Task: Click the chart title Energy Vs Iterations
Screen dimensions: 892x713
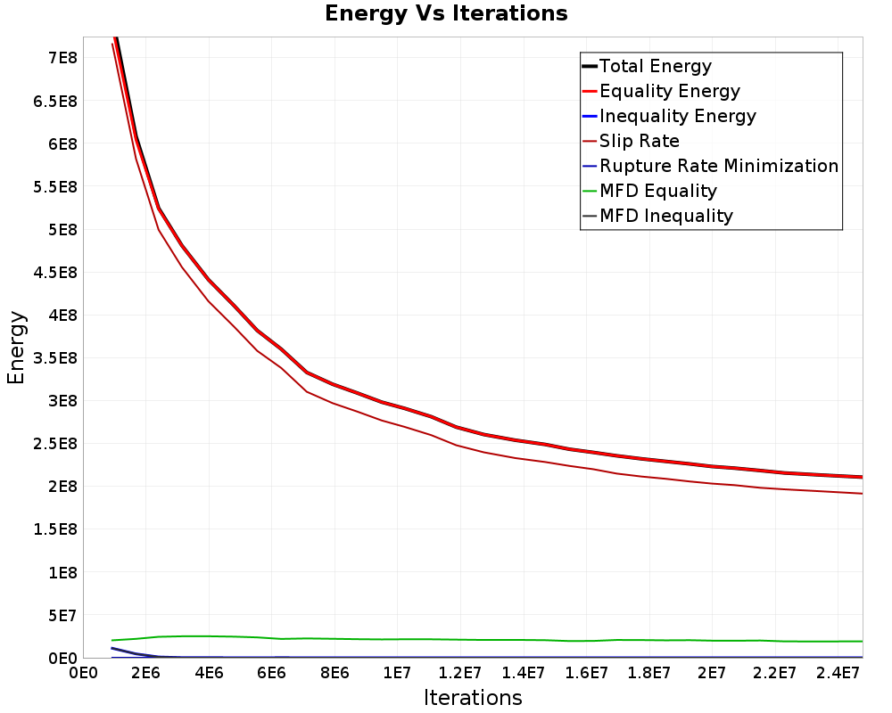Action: (446, 13)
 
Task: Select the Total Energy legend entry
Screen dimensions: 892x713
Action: (647, 66)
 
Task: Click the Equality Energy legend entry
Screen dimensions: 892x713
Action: (661, 91)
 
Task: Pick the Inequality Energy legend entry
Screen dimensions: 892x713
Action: (669, 116)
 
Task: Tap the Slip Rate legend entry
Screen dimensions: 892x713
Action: (631, 141)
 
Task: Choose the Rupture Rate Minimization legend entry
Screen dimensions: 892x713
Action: (711, 166)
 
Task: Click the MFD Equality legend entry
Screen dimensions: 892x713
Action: (649, 191)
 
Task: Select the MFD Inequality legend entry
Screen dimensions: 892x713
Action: (657, 216)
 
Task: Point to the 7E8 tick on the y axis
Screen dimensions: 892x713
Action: (62, 58)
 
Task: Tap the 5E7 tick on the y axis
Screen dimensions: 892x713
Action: (62, 615)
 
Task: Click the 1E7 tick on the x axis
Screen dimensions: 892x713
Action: (397, 674)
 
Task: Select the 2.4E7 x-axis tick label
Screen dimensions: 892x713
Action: (838, 674)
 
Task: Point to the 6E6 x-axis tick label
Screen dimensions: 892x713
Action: (271, 674)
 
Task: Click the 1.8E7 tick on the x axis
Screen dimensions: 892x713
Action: (648, 674)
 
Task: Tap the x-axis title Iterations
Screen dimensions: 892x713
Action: (473, 698)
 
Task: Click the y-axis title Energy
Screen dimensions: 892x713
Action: (16, 348)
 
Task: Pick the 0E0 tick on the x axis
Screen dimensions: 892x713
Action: (83, 674)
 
